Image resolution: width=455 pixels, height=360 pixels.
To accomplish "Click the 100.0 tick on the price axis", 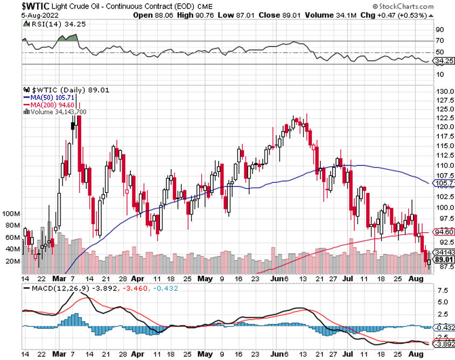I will pos(443,207).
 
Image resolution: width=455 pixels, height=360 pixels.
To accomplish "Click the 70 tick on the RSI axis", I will pos(439,40).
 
